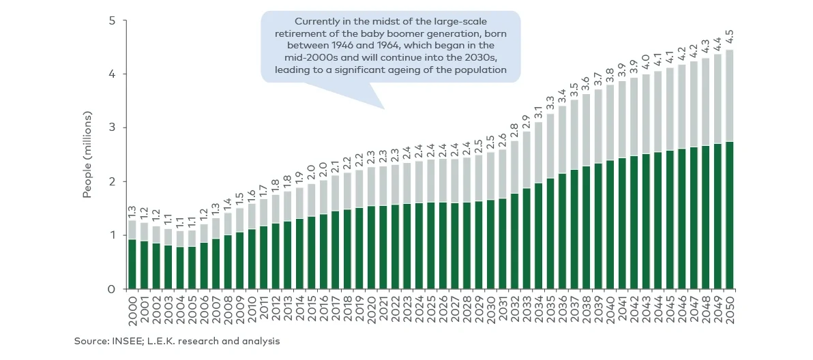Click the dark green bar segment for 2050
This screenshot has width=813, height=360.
[x=730, y=215]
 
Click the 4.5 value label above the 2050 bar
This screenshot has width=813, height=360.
[x=730, y=37]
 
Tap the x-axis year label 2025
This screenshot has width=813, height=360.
[x=430, y=311]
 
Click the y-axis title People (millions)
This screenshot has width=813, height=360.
[x=87, y=155]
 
